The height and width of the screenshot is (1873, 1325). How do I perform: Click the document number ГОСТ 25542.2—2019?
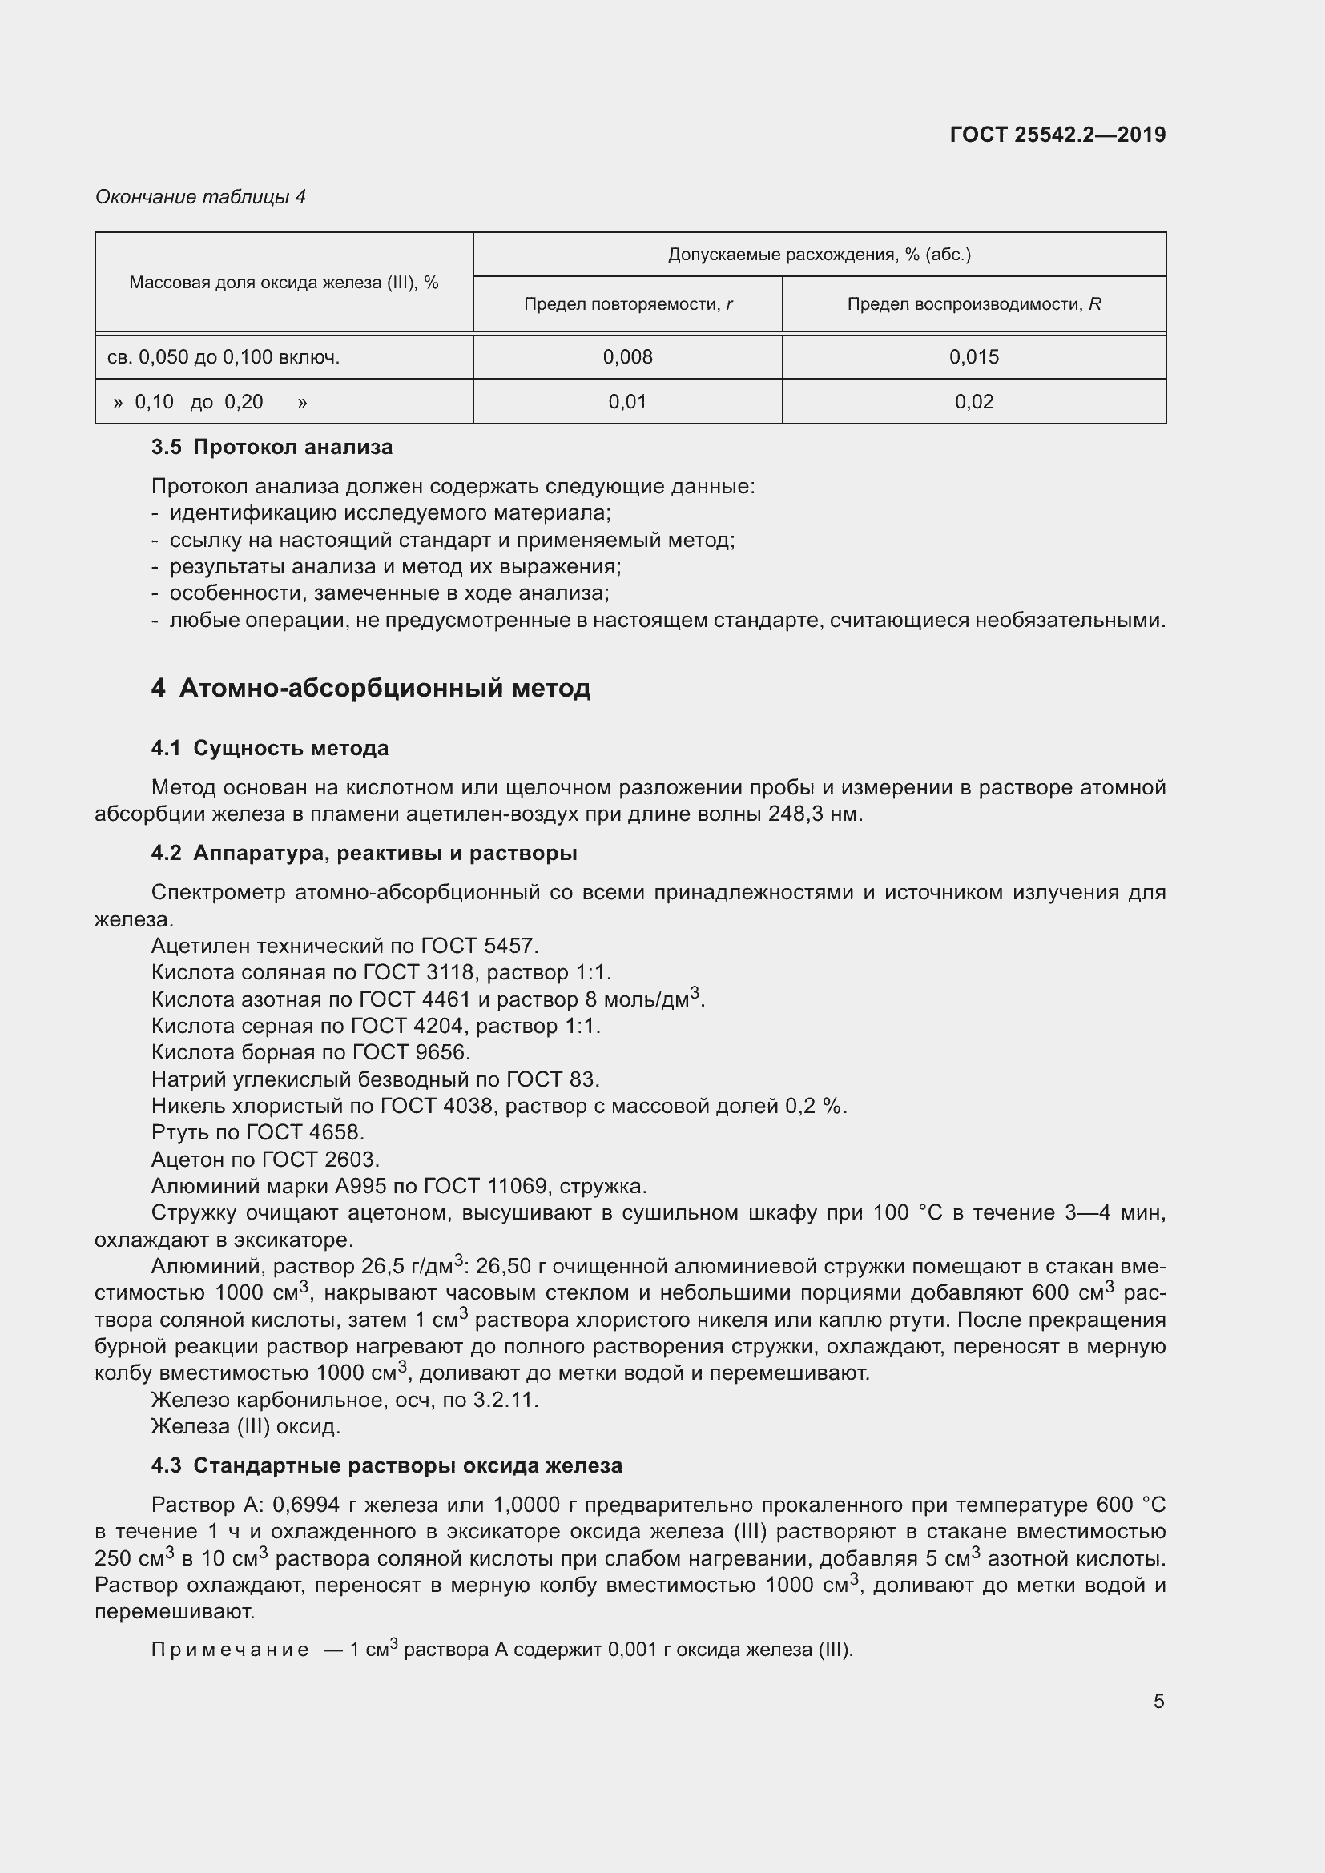[1057, 135]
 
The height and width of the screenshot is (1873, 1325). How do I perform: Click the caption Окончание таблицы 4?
[200, 197]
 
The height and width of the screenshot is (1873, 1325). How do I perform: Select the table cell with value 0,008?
[627, 356]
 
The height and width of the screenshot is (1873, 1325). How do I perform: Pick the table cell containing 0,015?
[973, 356]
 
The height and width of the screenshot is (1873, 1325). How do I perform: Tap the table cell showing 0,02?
[973, 401]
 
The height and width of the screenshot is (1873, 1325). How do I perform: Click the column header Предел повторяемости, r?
[627, 304]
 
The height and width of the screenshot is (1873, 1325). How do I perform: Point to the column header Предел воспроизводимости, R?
[973, 304]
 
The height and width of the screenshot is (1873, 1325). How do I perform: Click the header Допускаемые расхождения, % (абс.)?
[820, 255]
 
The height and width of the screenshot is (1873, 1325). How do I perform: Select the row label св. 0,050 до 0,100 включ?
[224, 356]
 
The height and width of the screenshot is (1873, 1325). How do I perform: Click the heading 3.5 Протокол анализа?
[272, 447]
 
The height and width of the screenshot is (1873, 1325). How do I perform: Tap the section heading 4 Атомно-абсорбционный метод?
[370, 689]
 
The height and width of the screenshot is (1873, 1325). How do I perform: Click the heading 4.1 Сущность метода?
[269, 748]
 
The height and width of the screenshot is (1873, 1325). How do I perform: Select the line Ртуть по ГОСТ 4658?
[258, 1132]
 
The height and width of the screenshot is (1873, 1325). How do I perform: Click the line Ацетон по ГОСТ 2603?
[265, 1160]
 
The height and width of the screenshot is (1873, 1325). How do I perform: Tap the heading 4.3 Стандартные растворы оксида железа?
[386, 1466]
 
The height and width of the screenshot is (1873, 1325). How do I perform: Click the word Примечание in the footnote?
[230, 1650]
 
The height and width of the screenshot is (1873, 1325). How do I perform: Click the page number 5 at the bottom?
[1158, 1702]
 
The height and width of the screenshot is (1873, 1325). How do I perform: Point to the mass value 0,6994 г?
[314, 1505]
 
